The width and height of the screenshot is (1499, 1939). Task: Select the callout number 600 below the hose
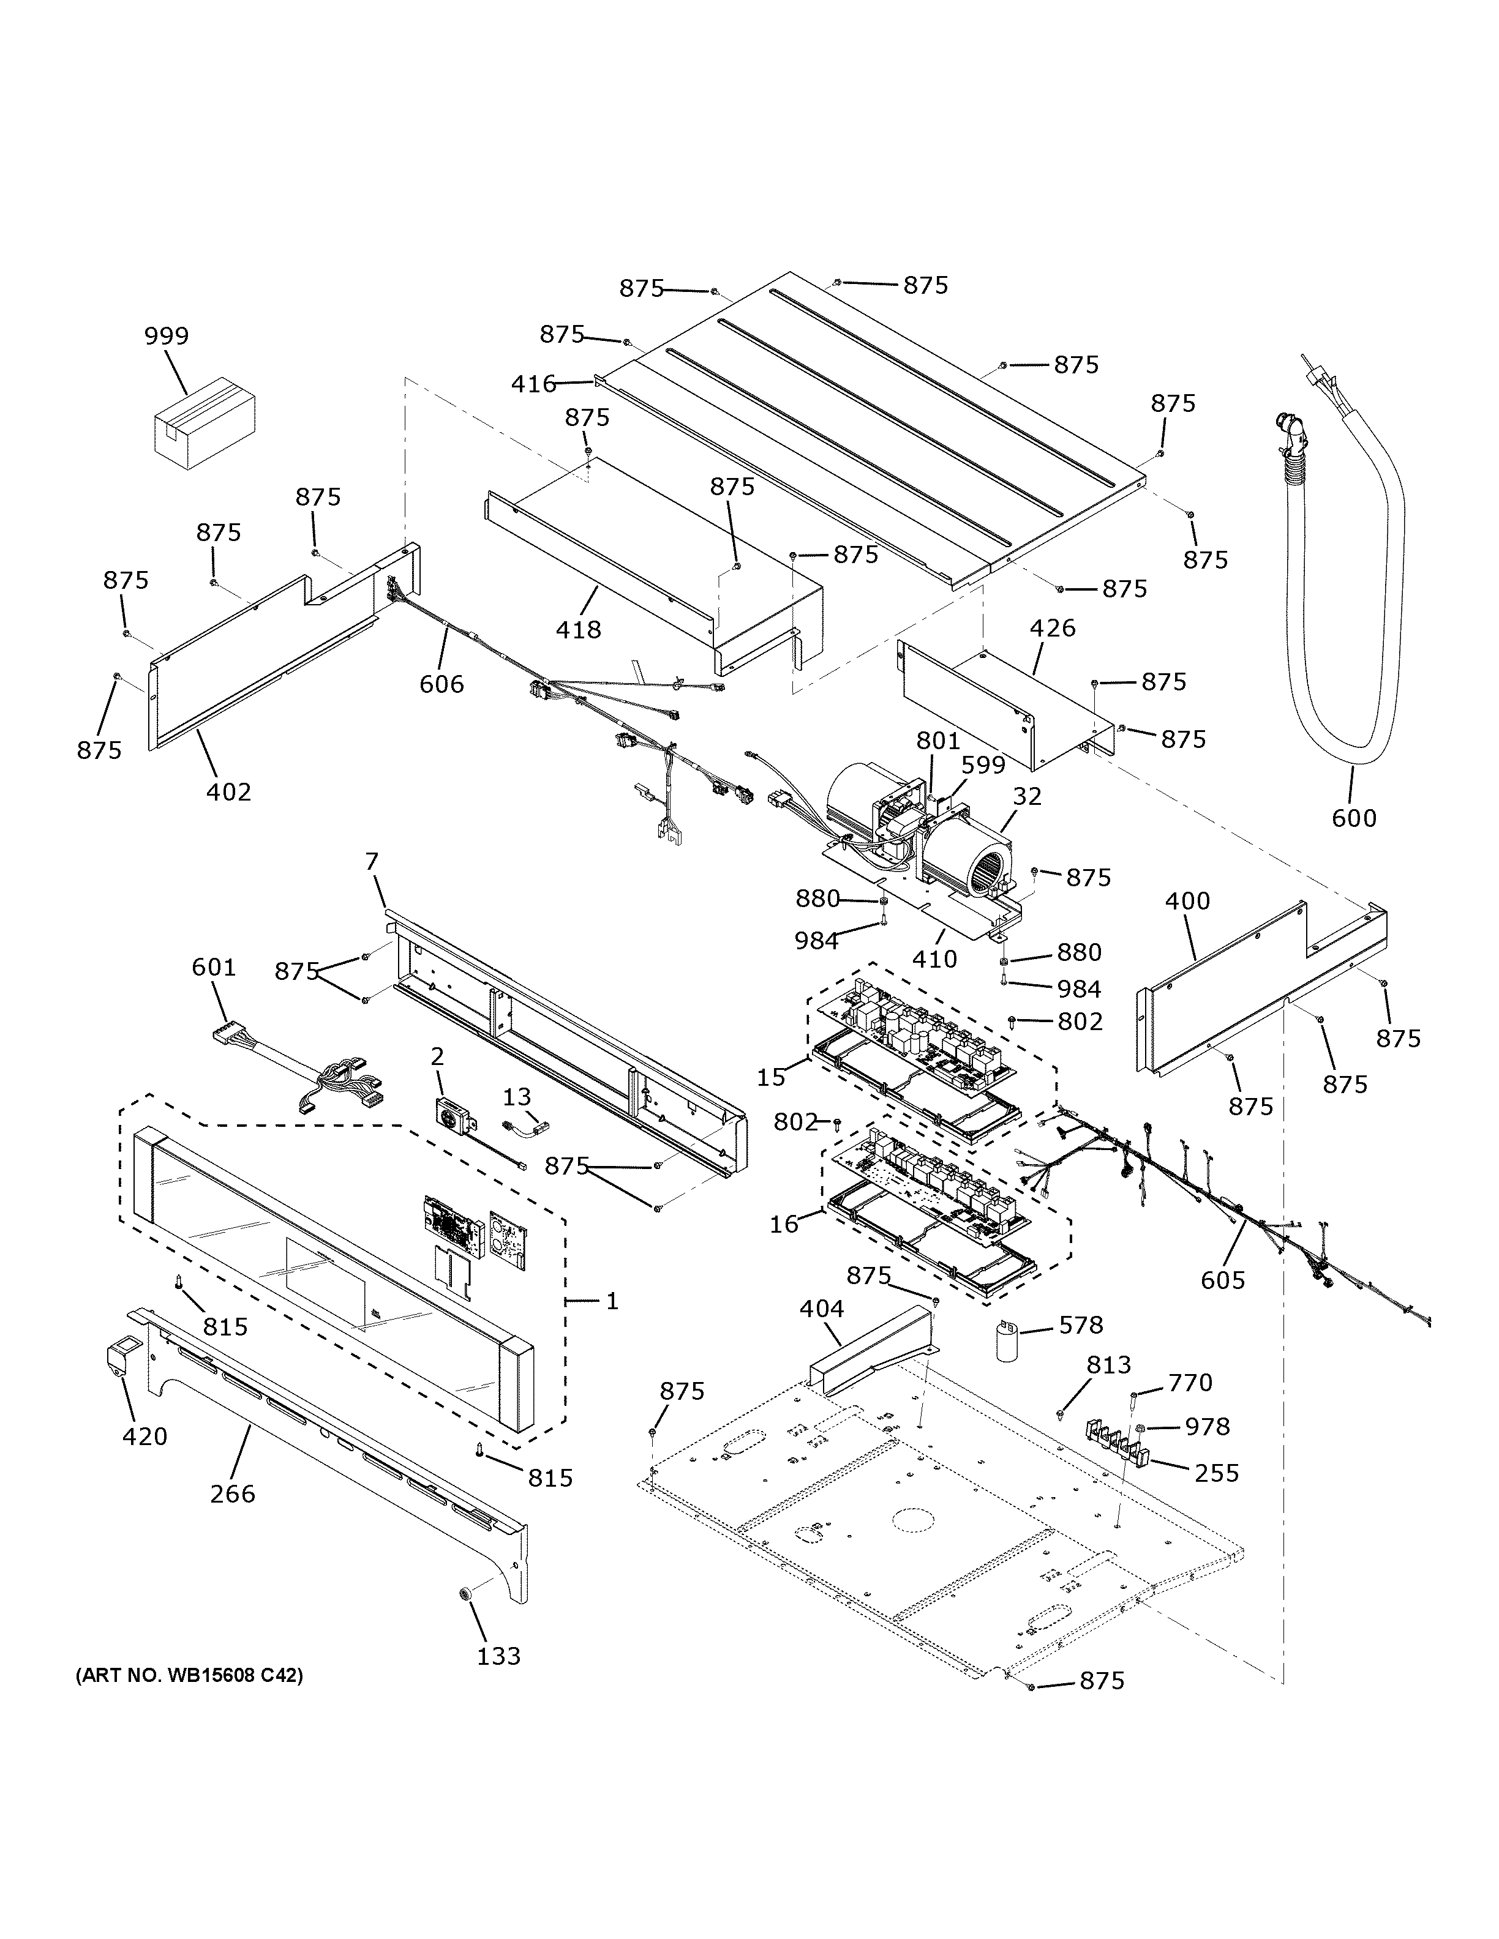[1353, 818]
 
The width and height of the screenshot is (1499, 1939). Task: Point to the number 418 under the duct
[578, 629]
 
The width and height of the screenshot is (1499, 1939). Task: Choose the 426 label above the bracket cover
[1053, 628]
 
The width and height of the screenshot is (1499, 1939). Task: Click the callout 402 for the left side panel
[228, 791]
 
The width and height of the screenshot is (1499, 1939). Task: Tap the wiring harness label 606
[441, 684]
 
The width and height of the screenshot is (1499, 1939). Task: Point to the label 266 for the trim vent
[233, 1493]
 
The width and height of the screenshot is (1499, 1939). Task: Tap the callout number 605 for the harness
[1223, 1279]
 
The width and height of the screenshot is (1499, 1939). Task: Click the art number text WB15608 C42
[188, 1676]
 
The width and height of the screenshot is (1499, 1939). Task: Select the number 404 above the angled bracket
[821, 1308]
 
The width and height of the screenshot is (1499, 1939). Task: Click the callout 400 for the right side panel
[1187, 900]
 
